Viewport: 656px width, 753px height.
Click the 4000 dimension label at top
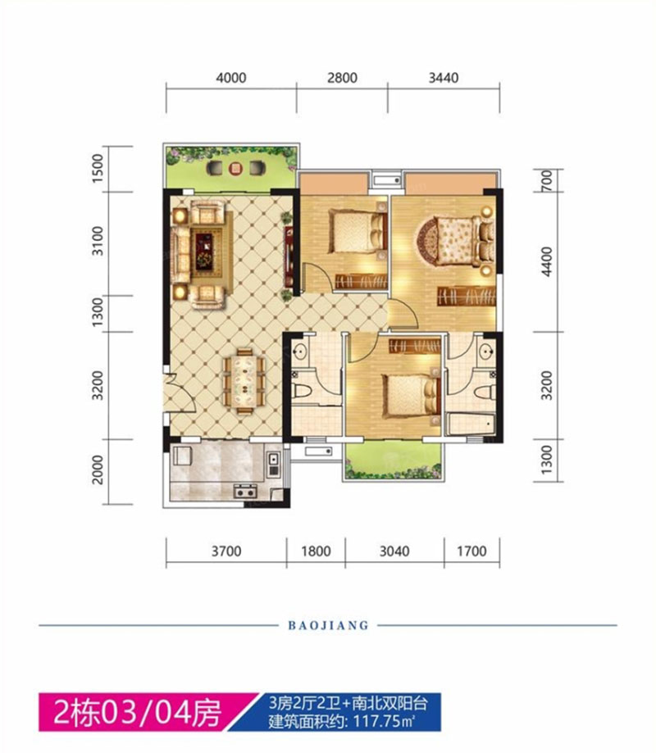pyautogui.click(x=231, y=78)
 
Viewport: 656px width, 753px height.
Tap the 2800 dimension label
pyautogui.click(x=342, y=78)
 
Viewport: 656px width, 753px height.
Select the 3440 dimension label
pyautogui.click(x=443, y=78)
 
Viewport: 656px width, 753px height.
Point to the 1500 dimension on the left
pyautogui.click(x=98, y=168)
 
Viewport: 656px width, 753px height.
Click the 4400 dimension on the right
pyautogui.click(x=547, y=261)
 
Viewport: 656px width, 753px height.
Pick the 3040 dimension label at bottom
pyautogui.click(x=394, y=551)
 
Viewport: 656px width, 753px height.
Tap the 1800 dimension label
pyautogui.click(x=316, y=551)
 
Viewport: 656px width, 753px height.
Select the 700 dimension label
pyautogui.click(x=547, y=181)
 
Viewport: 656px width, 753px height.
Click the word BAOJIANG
pyautogui.click(x=328, y=625)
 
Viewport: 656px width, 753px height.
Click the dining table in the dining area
pyautogui.click(x=244, y=381)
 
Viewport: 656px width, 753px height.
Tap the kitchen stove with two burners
pyautogui.click(x=245, y=492)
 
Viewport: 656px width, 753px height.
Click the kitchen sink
pyautogui.click(x=274, y=464)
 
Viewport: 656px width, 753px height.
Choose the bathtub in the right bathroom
pyautogui.click(x=471, y=424)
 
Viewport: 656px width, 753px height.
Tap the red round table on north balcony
pyautogui.click(x=235, y=168)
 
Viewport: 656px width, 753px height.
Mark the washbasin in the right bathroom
pyautogui.click(x=487, y=350)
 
